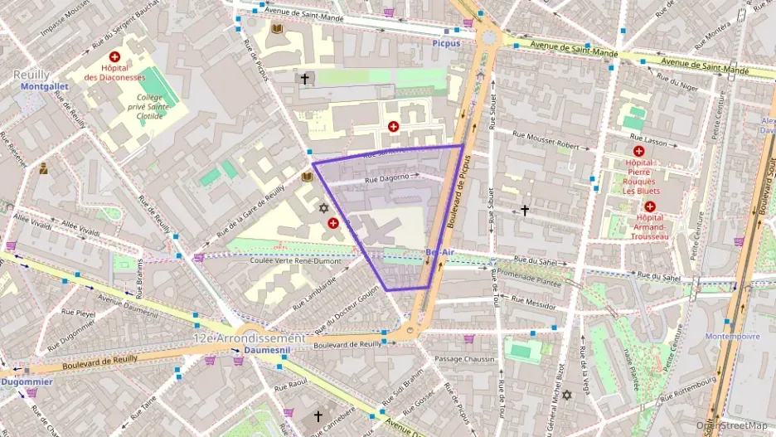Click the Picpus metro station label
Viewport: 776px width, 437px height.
446,42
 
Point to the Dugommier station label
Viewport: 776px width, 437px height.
27,381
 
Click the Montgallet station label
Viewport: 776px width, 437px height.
43,86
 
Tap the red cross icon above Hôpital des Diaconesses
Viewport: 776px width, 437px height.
114,56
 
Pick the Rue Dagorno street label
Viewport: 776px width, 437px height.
387,177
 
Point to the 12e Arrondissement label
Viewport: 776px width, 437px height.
249,338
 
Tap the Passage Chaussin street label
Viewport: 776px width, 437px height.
464,359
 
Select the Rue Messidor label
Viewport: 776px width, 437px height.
534,304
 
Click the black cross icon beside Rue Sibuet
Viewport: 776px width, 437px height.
524,211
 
